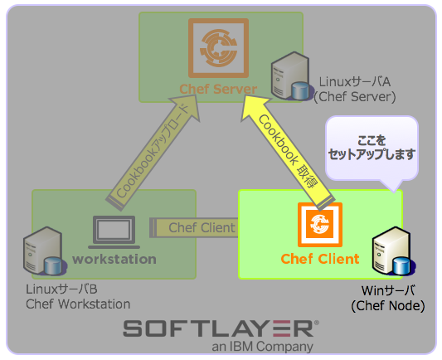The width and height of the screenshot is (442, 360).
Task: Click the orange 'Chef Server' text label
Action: [219, 89]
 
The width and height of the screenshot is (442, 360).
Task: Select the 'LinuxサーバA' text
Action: [356, 82]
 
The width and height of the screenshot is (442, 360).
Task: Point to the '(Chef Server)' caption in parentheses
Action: [354, 97]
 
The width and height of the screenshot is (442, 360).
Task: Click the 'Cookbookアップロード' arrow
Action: [155, 148]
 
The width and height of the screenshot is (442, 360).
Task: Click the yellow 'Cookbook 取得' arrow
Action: [289, 145]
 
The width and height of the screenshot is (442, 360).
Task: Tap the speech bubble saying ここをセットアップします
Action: [371, 148]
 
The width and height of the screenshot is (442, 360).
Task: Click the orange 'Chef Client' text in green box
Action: [319, 259]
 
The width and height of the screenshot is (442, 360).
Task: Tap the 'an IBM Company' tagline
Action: [262, 347]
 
